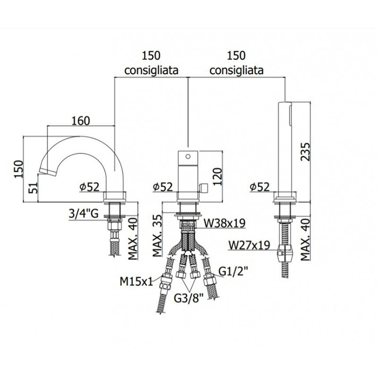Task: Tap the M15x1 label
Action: click(136, 281)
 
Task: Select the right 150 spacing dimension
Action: click(236, 56)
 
